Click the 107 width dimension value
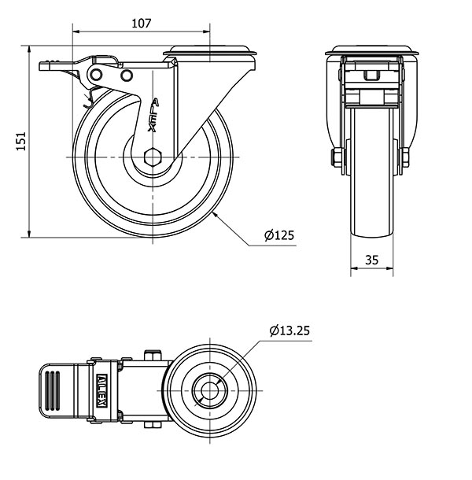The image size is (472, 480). [141, 24]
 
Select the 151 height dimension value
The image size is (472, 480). [20, 142]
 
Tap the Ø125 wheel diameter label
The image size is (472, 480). [279, 235]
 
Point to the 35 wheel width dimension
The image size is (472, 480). [371, 260]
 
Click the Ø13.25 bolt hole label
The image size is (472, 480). [289, 330]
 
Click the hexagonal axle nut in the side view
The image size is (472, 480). [153, 157]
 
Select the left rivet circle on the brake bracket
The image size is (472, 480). [97, 74]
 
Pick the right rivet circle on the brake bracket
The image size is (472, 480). [127, 75]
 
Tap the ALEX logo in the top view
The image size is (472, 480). [101, 390]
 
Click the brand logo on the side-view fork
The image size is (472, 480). [153, 115]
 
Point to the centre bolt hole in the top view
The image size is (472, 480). [210, 390]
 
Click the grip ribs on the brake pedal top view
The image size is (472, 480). [53, 390]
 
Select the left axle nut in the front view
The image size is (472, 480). [337, 157]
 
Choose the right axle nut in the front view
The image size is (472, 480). [405, 157]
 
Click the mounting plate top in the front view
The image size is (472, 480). [371, 50]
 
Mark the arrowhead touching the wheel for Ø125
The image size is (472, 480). [216, 214]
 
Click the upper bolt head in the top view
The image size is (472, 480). [153, 355]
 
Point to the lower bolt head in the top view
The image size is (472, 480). [153, 425]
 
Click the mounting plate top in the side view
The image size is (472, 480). [210, 50]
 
